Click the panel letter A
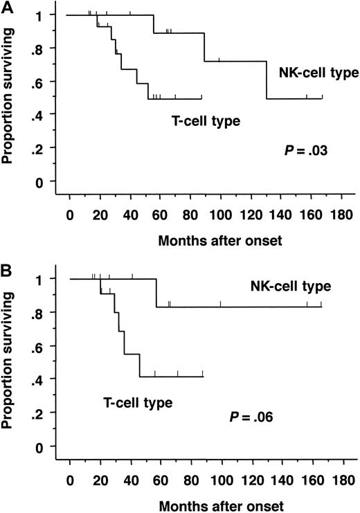(6, 6)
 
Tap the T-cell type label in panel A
(206, 121)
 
